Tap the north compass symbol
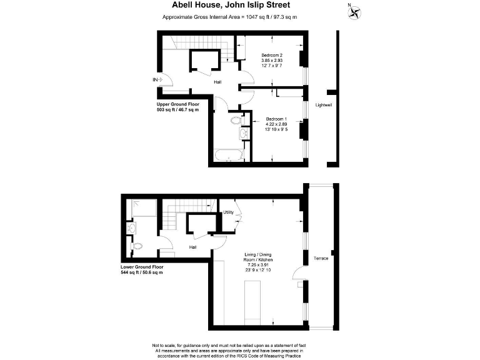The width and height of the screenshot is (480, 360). (355, 11)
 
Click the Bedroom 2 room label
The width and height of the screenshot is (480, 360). (272, 54)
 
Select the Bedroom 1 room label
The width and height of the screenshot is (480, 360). (276, 119)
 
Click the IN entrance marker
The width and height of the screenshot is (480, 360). (155, 79)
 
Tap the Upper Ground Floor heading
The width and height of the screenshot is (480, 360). (177, 104)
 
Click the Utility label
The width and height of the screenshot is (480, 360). (229, 212)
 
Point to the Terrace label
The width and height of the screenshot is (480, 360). (321, 258)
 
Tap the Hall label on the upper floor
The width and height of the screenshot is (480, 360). (217, 82)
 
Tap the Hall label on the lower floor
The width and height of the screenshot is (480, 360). (194, 247)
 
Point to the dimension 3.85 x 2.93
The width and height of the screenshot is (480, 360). (272, 60)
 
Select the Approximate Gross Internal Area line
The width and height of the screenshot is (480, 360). (229, 17)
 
